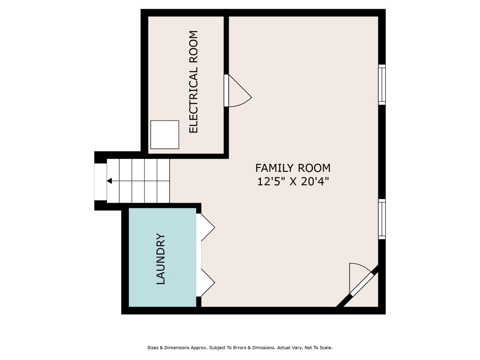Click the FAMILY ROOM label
point(293,168)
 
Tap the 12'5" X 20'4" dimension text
point(293,182)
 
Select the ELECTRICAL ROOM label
point(194,82)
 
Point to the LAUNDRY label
point(161,259)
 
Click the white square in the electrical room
point(165,135)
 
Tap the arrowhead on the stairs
point(109,181)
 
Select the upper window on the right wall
point(382,84)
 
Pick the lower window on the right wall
point(382,219)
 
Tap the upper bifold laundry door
point(205,227)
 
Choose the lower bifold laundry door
point(205,283)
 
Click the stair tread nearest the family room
point(163,181)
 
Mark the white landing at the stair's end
point(100,182)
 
